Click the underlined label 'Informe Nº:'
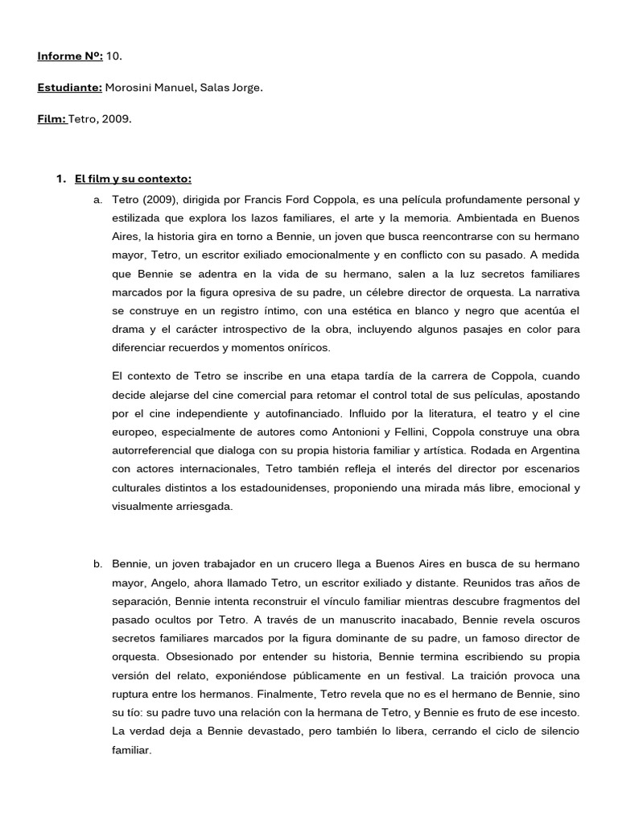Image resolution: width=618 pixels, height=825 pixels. click(69, 56)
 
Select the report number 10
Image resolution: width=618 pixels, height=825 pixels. click(114, 56)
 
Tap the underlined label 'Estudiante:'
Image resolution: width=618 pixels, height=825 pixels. click(69, 88)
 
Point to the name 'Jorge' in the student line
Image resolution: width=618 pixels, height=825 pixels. click(246, 88)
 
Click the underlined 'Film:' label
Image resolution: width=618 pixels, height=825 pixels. click(52, 119)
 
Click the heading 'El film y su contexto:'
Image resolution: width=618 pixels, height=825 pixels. click(133, 179)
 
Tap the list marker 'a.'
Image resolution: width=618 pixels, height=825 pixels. click(98, 200)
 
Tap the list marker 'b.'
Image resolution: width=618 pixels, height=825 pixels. click(98, 563)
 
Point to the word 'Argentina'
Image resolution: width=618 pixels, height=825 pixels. click(554, 450)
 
